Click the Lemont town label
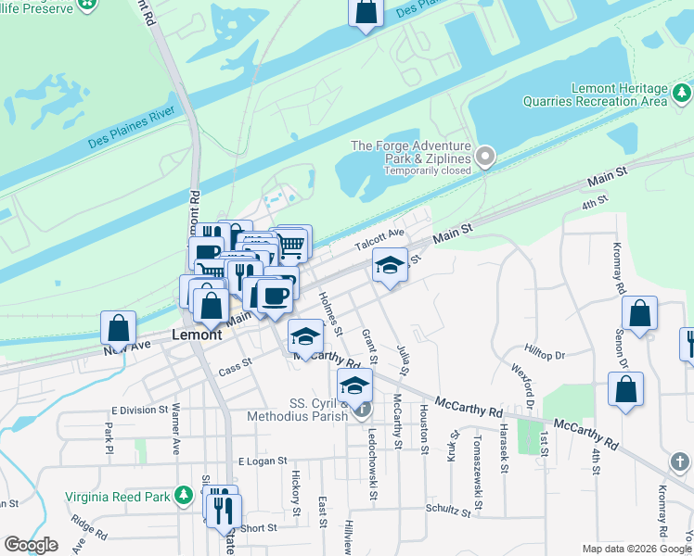[x=198, y=335]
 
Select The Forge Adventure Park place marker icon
[x=484, y=157]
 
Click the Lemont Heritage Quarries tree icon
[x=682, y=93]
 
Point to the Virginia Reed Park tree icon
[x=186, y=497]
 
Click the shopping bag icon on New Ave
[x=118, y=327]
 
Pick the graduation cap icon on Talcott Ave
[x=390, y=265]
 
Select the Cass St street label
[x=235, y=368]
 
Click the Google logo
[x=31, y=545]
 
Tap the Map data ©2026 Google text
[x=636, y=549]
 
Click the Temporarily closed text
[x=424, y=171]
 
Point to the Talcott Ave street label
[x=380, y=240]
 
